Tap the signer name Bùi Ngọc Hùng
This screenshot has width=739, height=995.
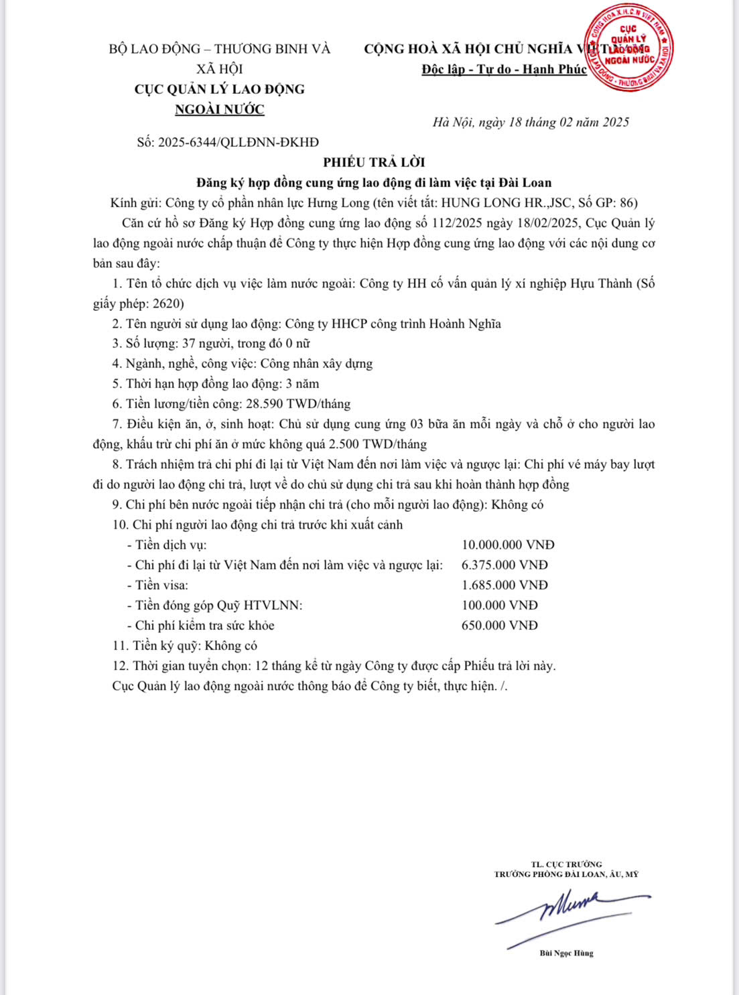[566, 953]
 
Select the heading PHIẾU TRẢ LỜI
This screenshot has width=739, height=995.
[374, 162]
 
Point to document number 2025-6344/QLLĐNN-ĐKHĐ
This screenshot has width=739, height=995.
[239, 142]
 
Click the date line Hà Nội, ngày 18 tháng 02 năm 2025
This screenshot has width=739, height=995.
[531, 122]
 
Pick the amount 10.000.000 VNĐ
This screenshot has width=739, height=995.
[508, 545]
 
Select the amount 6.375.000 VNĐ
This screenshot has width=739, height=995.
[505, 565]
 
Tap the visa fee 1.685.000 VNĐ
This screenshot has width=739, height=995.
[505, 585]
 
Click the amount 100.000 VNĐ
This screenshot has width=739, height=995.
[499, 605]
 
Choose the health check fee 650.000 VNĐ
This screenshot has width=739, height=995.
[499, 625]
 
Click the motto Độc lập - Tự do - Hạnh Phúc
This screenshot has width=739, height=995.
[504, 69]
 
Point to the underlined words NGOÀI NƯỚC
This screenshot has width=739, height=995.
[220, 109]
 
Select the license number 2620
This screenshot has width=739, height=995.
[167, 304]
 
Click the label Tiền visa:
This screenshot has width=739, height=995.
[161, 585]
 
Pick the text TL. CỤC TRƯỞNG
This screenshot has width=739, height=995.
[566, 864]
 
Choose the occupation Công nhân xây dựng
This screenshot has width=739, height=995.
[316, 364]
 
